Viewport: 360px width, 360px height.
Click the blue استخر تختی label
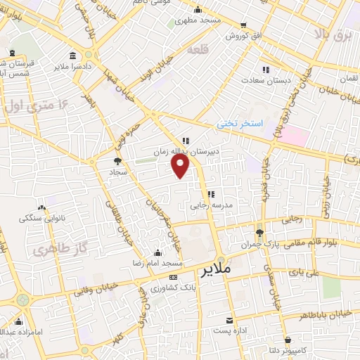(238, 123)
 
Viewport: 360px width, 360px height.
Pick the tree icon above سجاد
(117, 161)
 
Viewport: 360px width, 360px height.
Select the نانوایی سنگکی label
(43, 219)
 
